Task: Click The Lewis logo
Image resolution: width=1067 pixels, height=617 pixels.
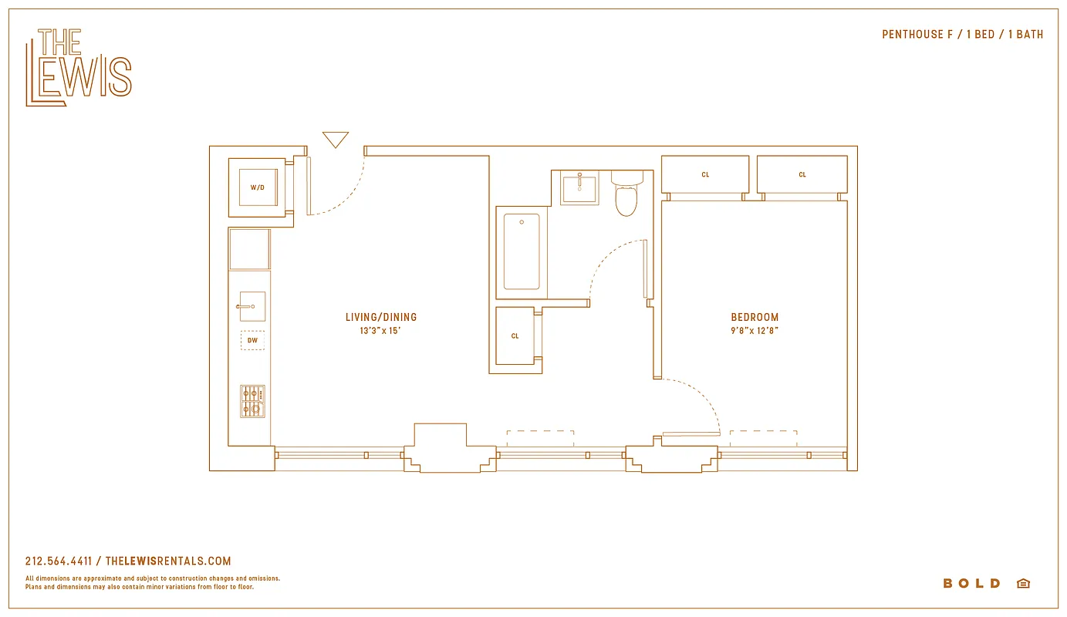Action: (78, 67)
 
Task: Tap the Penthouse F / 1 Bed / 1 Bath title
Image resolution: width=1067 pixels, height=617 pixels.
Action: (962, 34)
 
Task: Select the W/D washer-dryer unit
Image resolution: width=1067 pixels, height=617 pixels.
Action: (257, 187)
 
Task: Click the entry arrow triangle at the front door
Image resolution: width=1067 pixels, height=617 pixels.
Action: (336, 140)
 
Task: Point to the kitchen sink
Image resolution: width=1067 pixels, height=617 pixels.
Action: (252, 306)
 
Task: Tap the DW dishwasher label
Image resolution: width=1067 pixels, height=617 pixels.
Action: (252, 340)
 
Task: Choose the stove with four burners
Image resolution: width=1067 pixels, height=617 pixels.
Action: (252, 401)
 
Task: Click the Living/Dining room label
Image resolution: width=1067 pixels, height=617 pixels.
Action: (381, 317)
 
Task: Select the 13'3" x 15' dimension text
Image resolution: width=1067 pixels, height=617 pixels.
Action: (381, 331)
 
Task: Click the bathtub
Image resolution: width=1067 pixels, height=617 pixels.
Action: (522, 252)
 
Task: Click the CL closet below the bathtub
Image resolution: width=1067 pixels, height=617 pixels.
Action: (515, 336)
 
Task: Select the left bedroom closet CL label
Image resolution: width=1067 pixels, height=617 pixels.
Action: (705, 175)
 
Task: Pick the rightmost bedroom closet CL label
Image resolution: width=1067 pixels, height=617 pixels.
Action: (802, 175)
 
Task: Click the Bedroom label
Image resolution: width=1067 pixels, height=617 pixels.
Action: (755, 317)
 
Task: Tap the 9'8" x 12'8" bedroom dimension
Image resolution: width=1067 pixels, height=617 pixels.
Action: (755, 331)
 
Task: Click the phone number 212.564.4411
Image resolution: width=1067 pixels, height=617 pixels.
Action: (59, 561)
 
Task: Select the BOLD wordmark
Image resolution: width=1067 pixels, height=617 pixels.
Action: (971, 584)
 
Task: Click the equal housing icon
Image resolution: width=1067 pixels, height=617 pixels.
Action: (1023, 584)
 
